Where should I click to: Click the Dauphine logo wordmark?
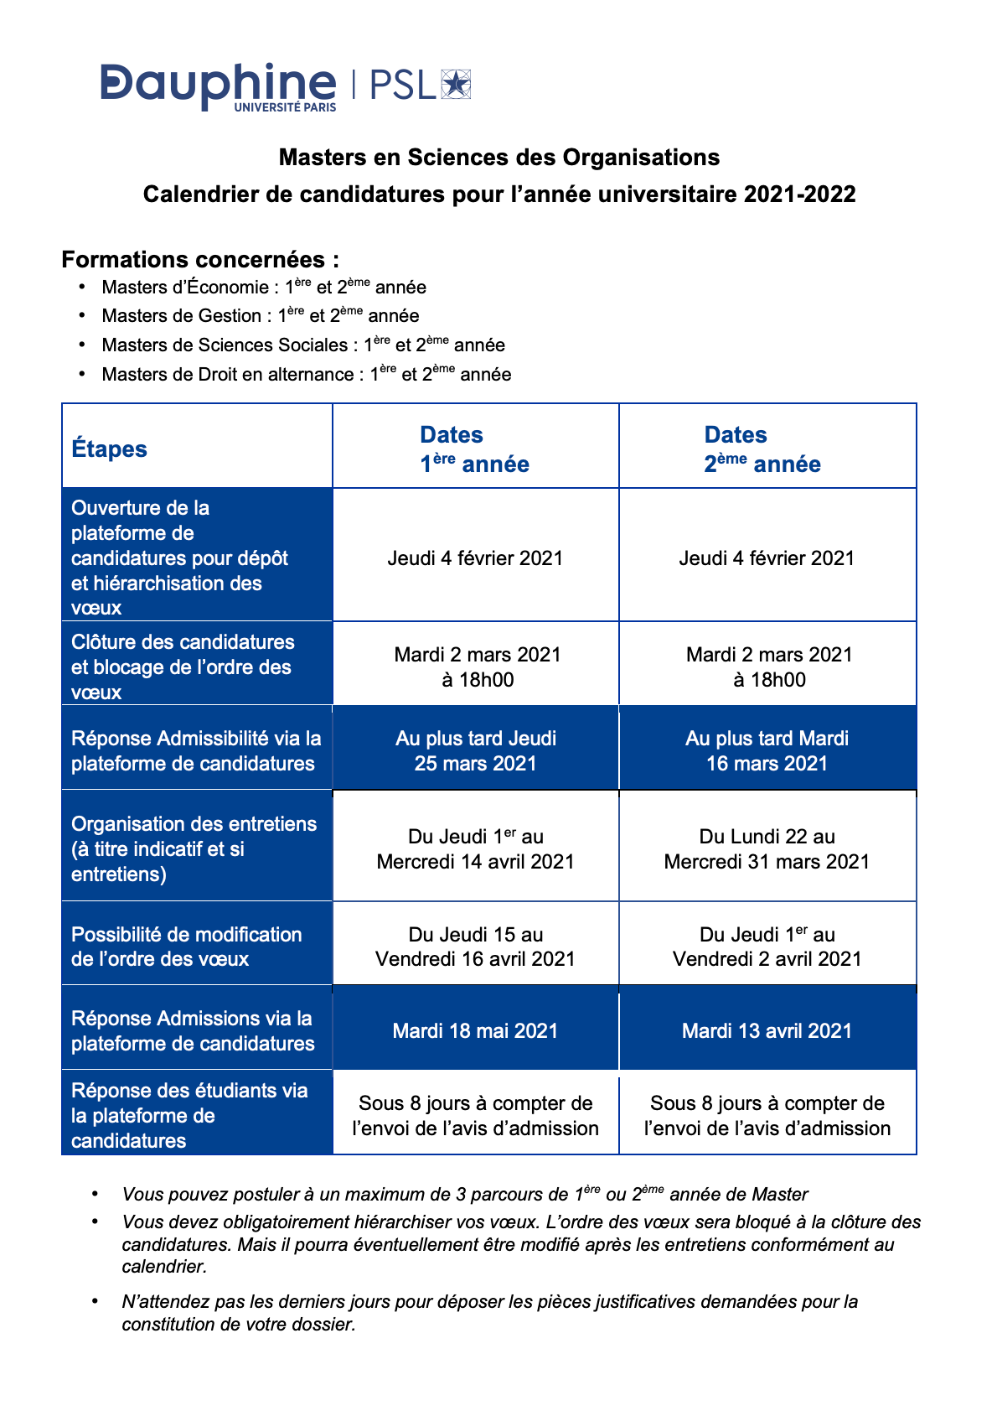(218, 85)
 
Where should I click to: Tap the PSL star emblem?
(456, 85)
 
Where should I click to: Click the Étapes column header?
(109, 449)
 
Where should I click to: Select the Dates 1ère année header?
(474, 449)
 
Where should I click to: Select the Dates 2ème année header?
(762, 449)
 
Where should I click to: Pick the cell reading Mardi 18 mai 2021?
(475, 1030)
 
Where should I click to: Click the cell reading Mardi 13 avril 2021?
(767, 1030)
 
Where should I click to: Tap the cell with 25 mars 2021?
(475, 751)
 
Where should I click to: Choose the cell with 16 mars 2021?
(767, 751)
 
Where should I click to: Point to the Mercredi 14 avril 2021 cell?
(475, 849)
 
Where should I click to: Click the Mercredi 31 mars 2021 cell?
(767, 849)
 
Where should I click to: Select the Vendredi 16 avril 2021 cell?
(475, 947)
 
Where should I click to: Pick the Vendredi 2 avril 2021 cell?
(767, 947)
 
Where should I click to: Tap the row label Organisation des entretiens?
(194, 848)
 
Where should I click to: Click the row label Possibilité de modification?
(186, 947)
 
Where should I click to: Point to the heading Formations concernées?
(200, 260)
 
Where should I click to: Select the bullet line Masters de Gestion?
(260, 316)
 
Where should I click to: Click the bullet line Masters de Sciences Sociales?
(302, 345)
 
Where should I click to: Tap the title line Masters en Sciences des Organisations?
(498, 158)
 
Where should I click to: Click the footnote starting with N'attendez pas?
(489, 1313)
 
